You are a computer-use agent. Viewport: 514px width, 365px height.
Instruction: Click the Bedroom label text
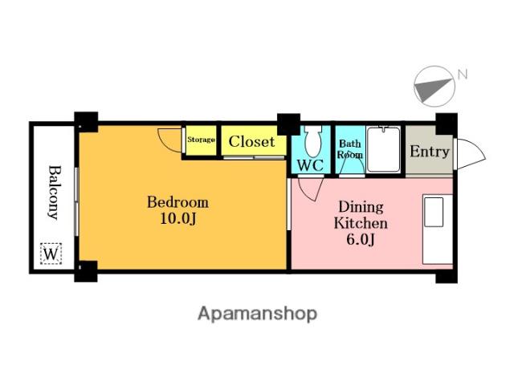177,202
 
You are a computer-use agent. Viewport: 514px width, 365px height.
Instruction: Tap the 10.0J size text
178,218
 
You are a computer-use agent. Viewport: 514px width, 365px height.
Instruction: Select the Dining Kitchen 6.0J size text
361,240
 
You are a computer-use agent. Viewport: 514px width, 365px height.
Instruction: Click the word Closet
251,141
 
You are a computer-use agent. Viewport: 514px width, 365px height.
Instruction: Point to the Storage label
201,140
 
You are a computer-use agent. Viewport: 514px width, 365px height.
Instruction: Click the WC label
310,165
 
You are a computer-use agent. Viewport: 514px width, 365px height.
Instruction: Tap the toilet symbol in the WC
313,140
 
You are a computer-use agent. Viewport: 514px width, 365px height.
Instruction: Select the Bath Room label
350,149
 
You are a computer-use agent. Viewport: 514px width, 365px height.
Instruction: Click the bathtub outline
384,149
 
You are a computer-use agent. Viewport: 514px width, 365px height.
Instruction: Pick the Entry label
430,152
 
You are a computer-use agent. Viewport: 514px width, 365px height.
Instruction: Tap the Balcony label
55,193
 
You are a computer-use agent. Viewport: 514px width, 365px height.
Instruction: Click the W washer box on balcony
51,253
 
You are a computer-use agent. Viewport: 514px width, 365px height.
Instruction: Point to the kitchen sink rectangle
434,212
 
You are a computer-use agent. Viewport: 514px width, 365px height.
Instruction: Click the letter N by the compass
463,75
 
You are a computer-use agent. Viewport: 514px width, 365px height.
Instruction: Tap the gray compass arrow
431,89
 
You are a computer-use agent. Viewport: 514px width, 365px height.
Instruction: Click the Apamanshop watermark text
257,314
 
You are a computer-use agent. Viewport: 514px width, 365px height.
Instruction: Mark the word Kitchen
361,223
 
